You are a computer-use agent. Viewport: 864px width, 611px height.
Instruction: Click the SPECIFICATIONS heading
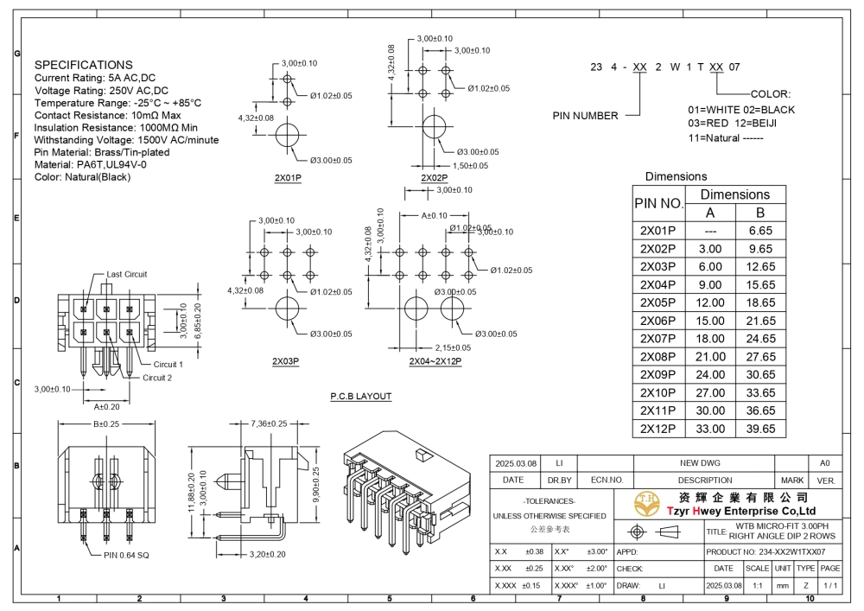point(83,65)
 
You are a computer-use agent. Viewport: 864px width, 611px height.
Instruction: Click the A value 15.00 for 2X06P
point(709,321)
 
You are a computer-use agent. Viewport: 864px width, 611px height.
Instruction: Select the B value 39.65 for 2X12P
point(760,429)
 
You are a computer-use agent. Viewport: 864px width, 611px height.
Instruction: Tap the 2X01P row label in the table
point(658,230)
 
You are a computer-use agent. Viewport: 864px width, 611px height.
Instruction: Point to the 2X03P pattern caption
point(285,361)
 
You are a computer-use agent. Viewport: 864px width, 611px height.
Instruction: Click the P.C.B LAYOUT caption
point(361,396)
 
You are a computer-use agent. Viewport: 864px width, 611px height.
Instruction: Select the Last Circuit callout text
point(127,274)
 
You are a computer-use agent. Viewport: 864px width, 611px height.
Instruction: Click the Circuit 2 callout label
point(157,378)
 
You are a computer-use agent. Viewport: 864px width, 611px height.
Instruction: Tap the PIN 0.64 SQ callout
point(126,555)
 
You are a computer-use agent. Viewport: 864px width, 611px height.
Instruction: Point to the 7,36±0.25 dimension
point(269,423)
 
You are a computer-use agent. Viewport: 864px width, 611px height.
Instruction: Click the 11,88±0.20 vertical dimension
point(192,492)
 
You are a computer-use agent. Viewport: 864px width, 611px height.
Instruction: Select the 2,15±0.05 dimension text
point(453,347)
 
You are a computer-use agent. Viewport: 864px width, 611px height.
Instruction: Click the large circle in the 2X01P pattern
point(287,135)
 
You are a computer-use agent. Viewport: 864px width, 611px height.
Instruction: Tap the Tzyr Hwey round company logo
point(647,504)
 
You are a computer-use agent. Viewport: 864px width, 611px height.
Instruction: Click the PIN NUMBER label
point(585,116)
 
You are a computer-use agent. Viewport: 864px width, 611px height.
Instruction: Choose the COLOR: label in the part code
point(771,93)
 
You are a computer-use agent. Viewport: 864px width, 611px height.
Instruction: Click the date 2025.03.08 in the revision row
point(516,463)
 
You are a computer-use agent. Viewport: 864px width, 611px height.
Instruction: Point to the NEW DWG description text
point(700,463)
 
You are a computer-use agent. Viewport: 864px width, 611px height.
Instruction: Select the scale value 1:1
point(758,586)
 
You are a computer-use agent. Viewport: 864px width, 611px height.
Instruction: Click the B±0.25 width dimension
point(105,423)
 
